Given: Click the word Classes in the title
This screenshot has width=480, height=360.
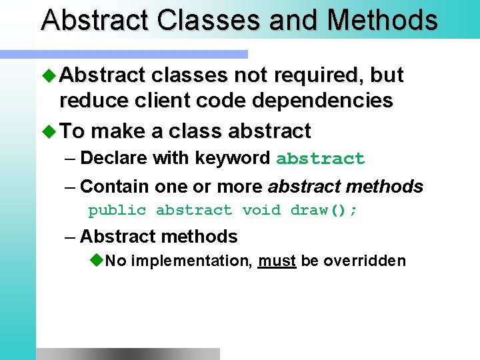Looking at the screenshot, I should [x=209, y=20].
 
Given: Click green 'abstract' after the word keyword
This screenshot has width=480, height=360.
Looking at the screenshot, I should [x=320, y=159].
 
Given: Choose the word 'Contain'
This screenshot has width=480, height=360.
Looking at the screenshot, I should [x=114, y=187].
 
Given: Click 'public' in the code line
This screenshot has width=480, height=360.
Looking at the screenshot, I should [x=117, y=211].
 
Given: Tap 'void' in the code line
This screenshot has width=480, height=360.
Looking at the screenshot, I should [x=261, y=211].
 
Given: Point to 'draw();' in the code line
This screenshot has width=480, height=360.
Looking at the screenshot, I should [x=324, y=211].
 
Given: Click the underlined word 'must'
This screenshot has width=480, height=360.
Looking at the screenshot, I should [x=277, y=261].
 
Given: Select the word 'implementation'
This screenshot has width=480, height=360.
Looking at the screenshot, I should [x=191, y=261].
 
